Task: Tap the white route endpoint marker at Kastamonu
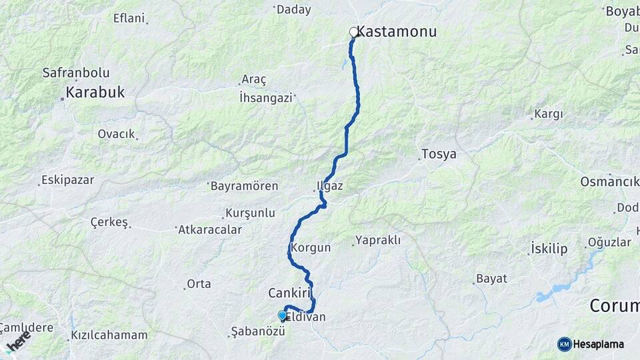point(354,32)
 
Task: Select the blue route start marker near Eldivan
point(282,315)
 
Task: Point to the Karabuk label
point(95,93)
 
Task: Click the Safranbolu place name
point(76,73)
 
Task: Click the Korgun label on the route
point(311,247)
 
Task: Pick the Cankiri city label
point(291,293)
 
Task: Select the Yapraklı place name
point(378,240)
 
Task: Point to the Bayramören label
point(244,186)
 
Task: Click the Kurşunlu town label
point(251,213)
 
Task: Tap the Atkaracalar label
point(210,229)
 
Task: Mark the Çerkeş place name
point(109,223)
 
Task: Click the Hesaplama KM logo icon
point(565,344)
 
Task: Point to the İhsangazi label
point(266,97)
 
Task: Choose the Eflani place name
point(129,18)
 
